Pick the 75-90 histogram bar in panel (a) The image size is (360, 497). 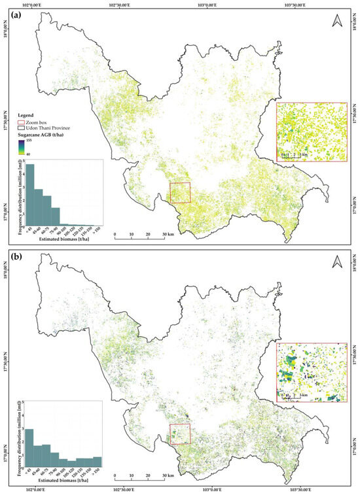[x=55, y=216]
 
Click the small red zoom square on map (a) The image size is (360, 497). [x=180, y=193]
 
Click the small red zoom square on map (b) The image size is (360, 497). [x=180, y=434]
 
